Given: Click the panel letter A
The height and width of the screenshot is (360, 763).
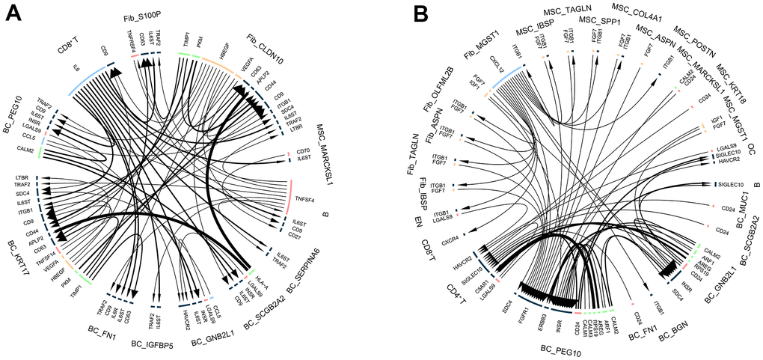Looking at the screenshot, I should (12, 13).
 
